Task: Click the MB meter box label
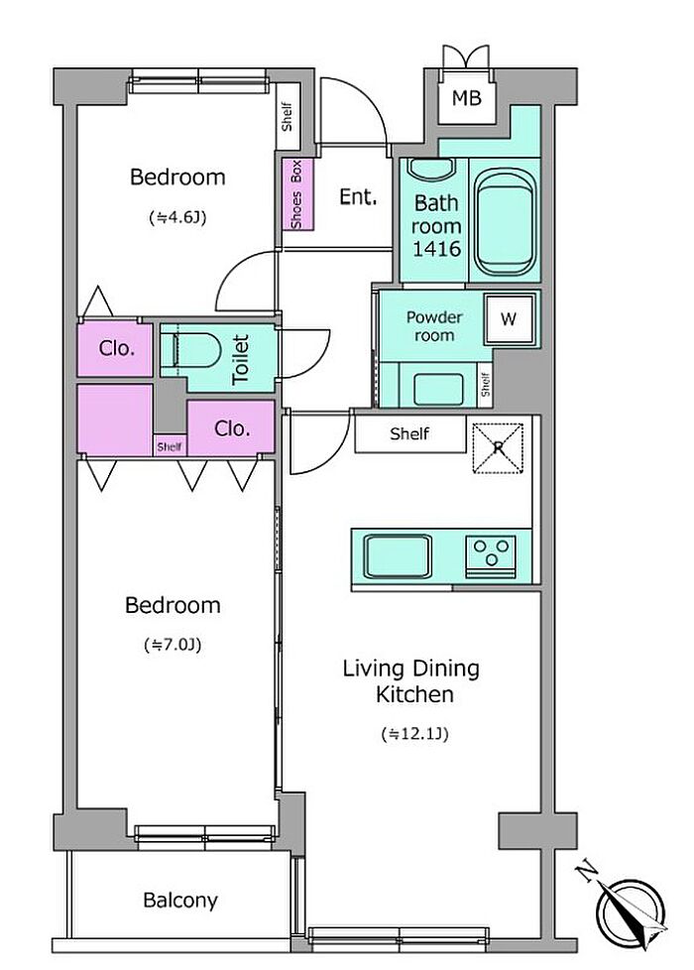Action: pos(466,97)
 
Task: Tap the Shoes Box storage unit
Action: pos(297,193)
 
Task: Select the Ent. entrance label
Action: pos(358,196)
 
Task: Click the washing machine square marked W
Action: pos(509,319)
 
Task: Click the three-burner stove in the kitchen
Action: pos(491,553)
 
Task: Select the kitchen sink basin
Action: pos(398,556)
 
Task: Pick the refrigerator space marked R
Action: pos(499,447)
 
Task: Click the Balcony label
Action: pos(180,901)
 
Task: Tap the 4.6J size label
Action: pos(177,217)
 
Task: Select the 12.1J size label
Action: pos(413,734)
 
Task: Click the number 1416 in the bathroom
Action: pos(436,249)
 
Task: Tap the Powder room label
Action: pos(434,326)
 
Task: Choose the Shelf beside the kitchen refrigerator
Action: pos(409,433)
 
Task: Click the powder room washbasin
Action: pos(438,389)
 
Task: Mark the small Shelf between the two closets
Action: pos(170,446)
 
